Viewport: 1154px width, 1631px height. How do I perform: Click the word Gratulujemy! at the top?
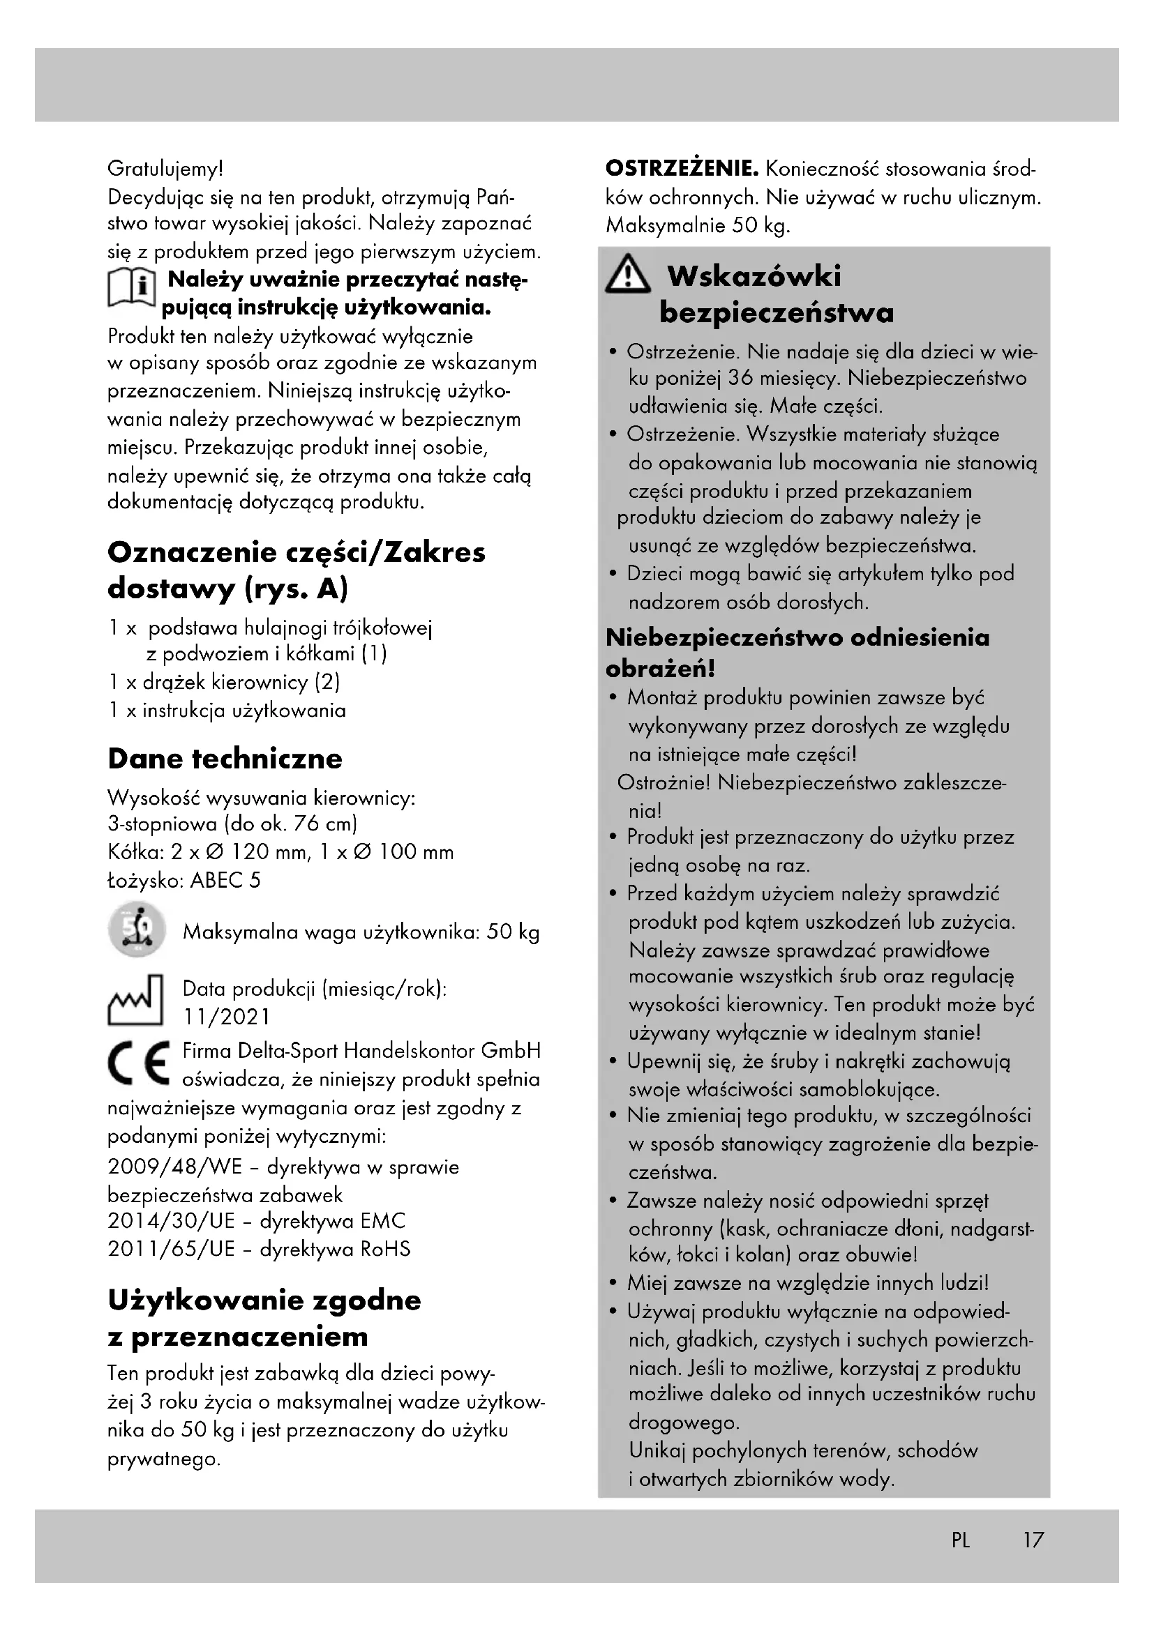tap(165, 169)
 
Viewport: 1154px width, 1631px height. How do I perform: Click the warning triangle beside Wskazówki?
tap(627, 277)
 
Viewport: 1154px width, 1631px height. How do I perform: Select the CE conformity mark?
tap(140, 1063)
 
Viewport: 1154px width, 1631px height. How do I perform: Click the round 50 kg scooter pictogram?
tap(137, 931)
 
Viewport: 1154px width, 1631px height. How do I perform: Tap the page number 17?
tap(1033, 1540)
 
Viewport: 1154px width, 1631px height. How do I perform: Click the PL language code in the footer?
tap(960, 1540)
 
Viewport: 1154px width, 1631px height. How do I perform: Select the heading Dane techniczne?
tap(225, 759)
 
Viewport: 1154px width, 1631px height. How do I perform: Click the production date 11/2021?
tap(227, 1017)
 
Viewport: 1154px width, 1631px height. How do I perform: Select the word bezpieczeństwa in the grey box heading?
tap(777, 312)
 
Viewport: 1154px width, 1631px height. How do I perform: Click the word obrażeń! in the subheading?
tap(660, 669)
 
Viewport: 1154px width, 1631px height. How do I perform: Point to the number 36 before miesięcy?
tap(741, 378)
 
